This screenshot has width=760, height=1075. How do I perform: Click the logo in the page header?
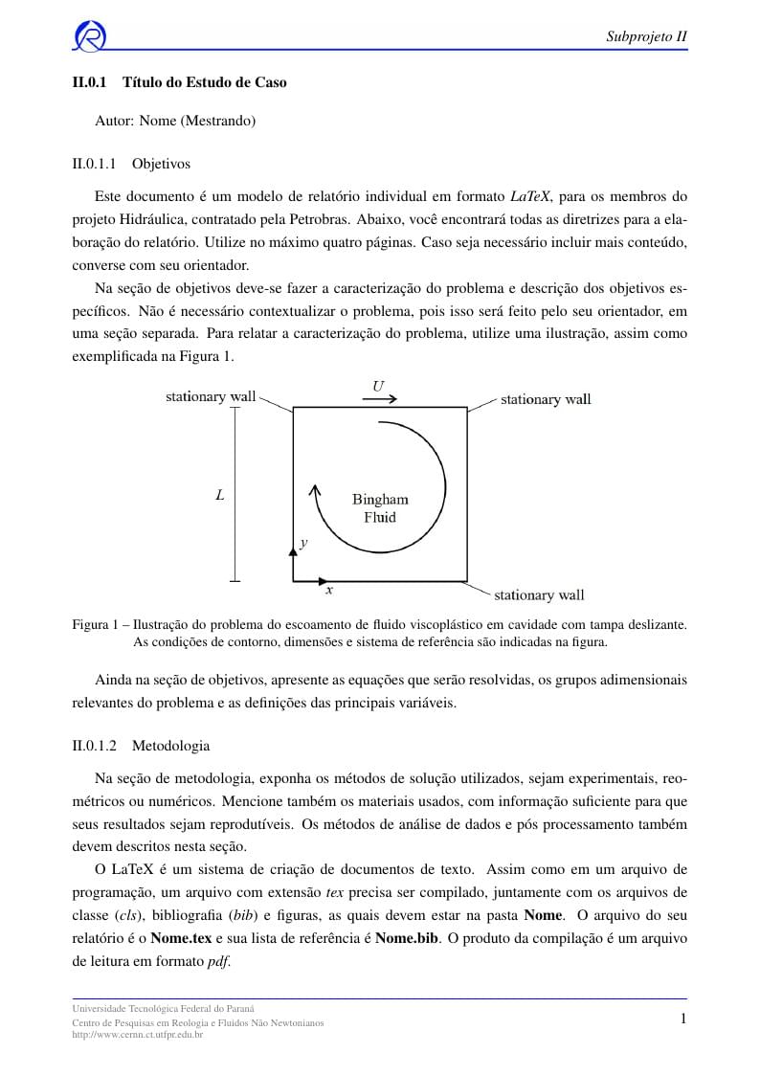coord(90,36)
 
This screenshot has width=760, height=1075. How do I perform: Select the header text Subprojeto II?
coord(647,37)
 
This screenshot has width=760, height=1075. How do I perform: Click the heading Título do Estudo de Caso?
coord(205,82)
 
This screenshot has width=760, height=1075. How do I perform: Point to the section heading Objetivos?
coord(161,164)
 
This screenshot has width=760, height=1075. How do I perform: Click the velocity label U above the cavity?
coord(378,386)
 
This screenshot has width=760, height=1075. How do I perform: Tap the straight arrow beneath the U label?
coord(379,399)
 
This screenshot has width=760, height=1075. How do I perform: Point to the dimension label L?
coord(220,495)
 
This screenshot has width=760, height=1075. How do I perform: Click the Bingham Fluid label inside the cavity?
coord(380,507)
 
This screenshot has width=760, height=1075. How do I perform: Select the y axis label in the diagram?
coord(303,543)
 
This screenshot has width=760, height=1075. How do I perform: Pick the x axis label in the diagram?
coord(329,591)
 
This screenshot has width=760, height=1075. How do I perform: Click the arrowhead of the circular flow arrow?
coord(313,490)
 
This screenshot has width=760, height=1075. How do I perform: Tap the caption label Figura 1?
coord(98,624)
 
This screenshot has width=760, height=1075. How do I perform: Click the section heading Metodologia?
coord(170,745)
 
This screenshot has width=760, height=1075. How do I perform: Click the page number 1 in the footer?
coord(683,1019)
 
